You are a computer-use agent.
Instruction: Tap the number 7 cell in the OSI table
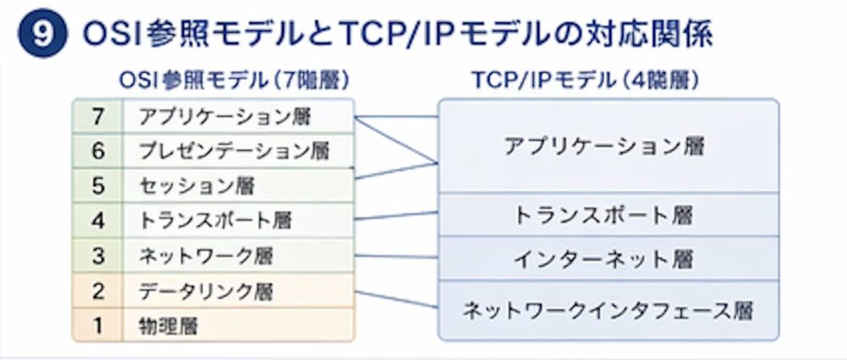point(97,114)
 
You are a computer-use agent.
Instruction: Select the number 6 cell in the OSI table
point(97,150)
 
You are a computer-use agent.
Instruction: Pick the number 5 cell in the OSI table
point(97,185)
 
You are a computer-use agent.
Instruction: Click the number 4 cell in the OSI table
point(97,220)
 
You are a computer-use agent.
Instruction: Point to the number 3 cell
point(97,255)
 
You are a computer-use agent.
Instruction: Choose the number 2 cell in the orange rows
point(97,291)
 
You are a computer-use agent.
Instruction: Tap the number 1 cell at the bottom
point(97,324)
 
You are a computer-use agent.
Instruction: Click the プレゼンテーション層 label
point(233,150)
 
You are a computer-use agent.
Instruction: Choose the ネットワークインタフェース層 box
point(606,310)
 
